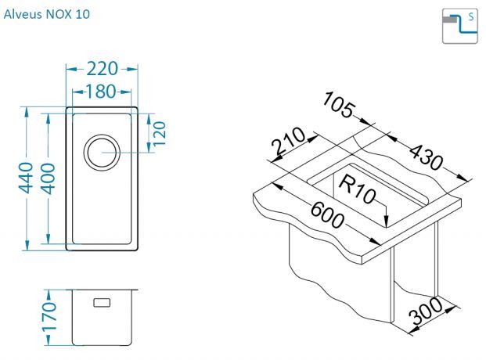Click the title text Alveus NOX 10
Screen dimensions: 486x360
(47, 14)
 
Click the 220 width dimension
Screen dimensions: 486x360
(102, 69)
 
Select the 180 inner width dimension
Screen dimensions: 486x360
(100, 92)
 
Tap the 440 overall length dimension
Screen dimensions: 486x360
(26, 178)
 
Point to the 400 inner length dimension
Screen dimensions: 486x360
(48, 178)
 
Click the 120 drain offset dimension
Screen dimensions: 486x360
(160, 133)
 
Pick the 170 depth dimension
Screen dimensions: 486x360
(49, 317)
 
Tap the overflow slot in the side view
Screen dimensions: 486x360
(102, 302)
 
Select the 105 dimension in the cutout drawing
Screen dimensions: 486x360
(337, 105)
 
